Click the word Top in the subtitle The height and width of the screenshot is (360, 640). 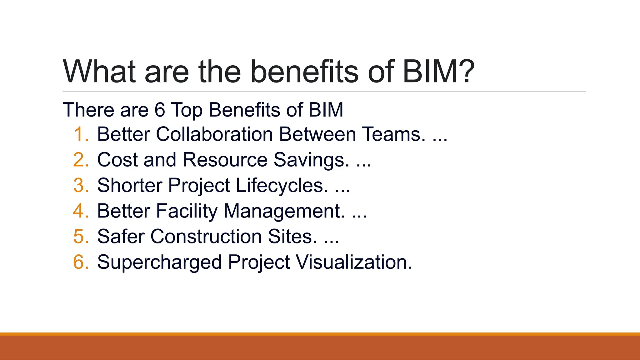tap(187, 110)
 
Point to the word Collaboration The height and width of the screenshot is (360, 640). tap(214, 134)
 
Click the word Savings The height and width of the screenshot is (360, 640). tap(311, 160)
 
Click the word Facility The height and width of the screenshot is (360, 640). tap(186, 211)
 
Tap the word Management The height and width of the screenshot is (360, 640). tap(284, 211)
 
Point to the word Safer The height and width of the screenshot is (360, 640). tap(120, 237)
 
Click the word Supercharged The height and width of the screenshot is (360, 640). tap(159, 262)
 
